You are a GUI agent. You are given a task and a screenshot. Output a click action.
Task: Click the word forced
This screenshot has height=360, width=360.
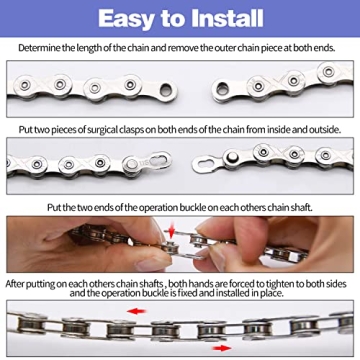[220, 284]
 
